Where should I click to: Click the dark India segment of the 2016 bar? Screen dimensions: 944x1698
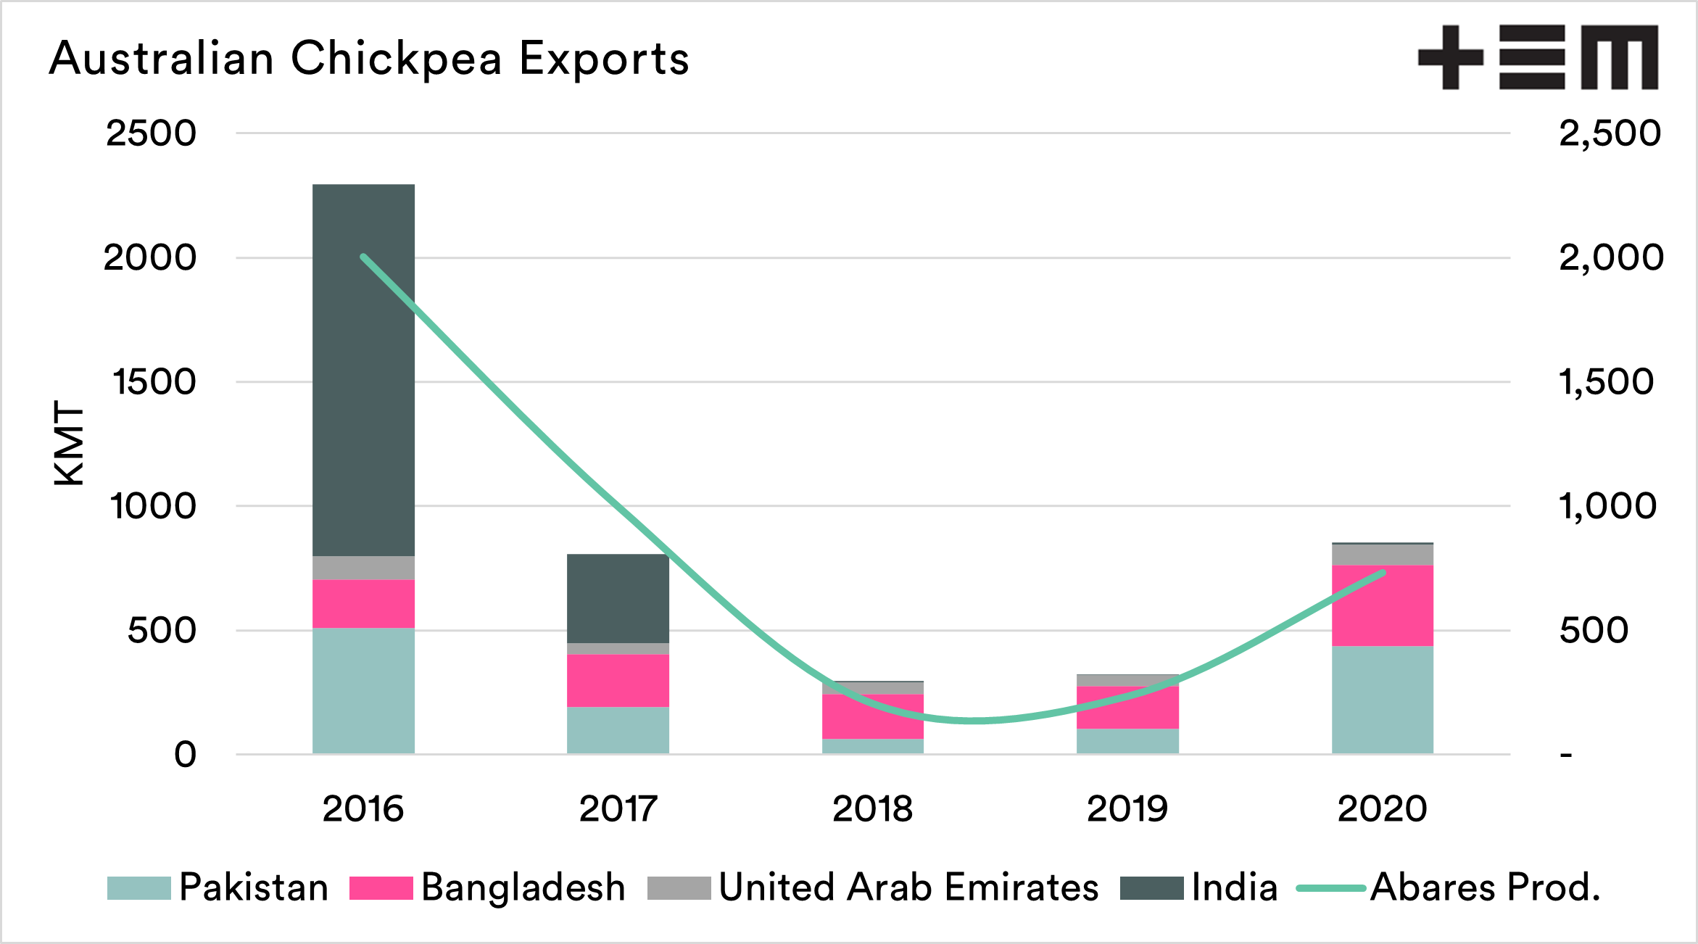tap(363, 370)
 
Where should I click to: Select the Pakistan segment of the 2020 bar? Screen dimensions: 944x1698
tap(1382, 700)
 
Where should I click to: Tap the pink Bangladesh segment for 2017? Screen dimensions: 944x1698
tap(618, 680)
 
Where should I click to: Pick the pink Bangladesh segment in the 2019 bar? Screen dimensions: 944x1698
tap(1127, 707)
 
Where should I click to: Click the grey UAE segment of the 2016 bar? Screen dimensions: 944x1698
tap(363, 568)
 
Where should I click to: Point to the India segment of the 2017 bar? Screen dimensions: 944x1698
tap(618, 598)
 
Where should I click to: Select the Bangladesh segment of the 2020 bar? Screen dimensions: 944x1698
tap(1382, 605)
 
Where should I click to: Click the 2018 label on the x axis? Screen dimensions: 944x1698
tap(872, 808)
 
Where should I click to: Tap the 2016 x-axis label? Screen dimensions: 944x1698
tap(363, 808)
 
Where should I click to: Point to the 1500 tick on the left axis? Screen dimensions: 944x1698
tap(154, 382)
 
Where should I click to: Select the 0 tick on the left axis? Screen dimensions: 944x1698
tap(186, 755)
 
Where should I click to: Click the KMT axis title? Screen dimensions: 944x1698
tap(70, 442)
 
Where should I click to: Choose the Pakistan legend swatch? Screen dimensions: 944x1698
tap(138, 888)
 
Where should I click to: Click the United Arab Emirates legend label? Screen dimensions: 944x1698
tap(908, 887)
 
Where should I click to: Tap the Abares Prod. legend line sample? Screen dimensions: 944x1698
tap(1330, 888)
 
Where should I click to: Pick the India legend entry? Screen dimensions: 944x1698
tap(1234, 887)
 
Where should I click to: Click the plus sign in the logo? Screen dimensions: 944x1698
tap(1450, 57)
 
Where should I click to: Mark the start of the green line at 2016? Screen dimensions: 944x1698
tap(363, 257)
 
